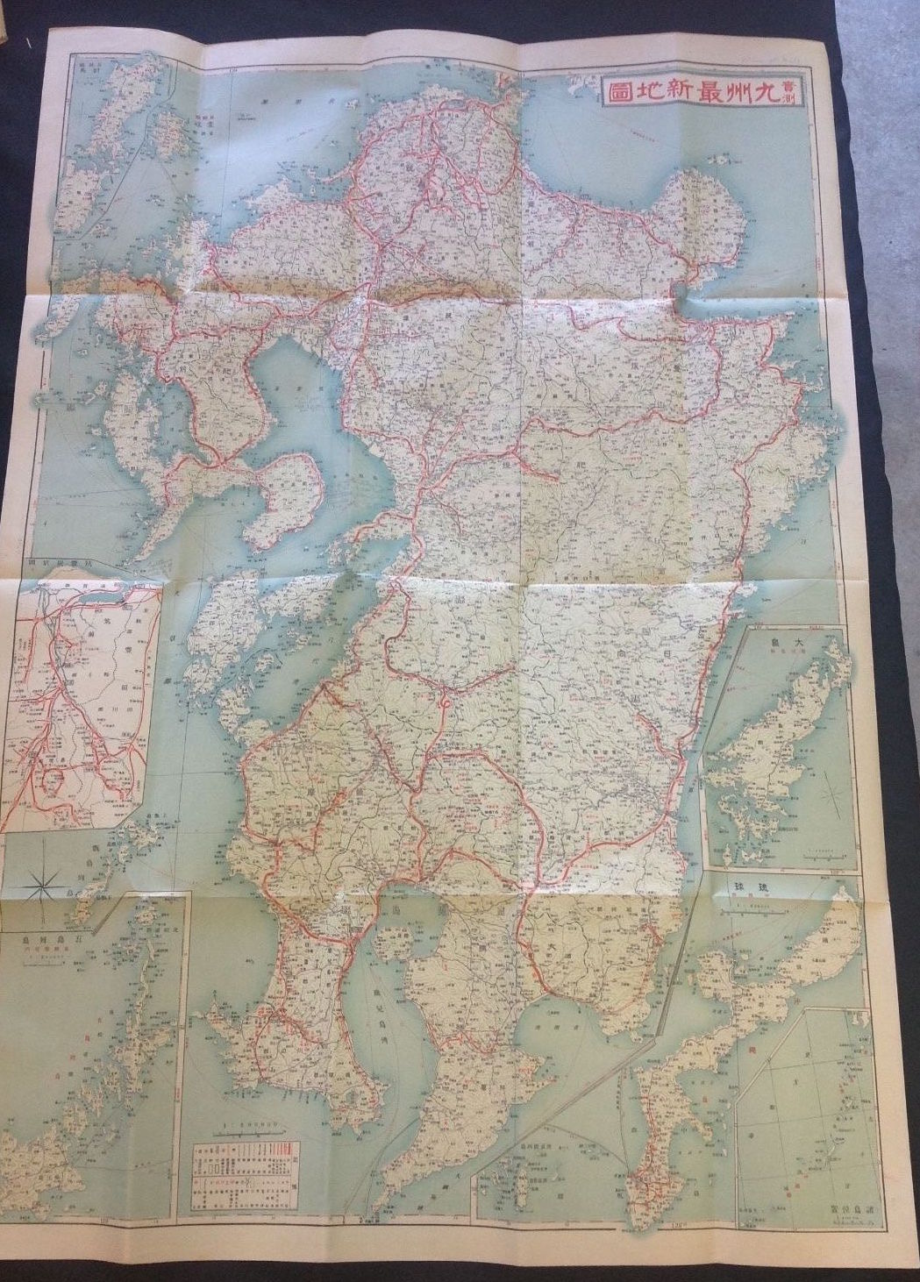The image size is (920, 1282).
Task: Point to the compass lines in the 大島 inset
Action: [829, 794]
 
